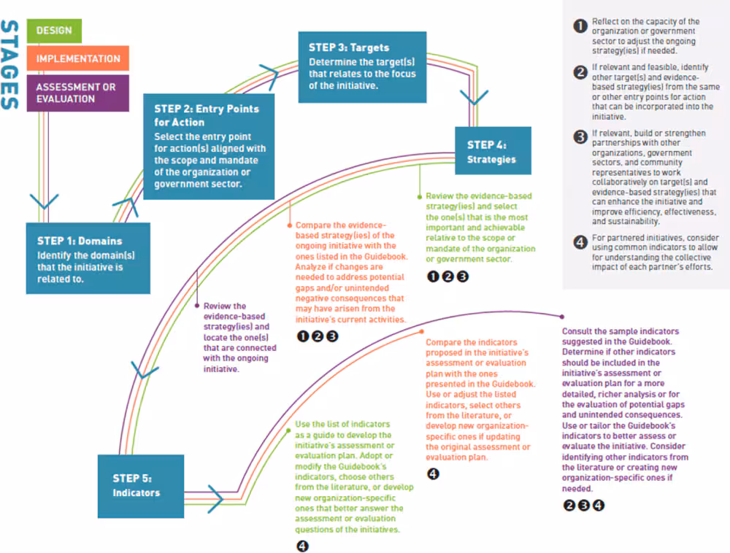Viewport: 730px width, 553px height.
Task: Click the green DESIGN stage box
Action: tap(54, 31)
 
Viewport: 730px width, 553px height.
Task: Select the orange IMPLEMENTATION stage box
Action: tap(78, 58)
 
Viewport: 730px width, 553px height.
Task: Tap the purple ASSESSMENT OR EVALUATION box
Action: tap(77, 93)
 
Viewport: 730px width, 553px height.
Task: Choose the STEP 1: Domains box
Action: tap(88, 258)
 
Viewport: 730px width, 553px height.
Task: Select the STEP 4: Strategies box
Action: tap(492, 151)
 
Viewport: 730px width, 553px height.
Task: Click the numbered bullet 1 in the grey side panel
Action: tap(580, 26)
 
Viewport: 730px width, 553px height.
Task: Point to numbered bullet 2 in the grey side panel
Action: tap(580, 71)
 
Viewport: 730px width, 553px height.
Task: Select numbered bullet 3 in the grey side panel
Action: tap(580, 136)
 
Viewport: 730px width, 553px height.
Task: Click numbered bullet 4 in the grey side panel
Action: tap(580, 242)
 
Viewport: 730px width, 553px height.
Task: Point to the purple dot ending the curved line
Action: tap(562, 316)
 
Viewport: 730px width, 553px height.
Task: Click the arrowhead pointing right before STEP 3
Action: tap(269, 72)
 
